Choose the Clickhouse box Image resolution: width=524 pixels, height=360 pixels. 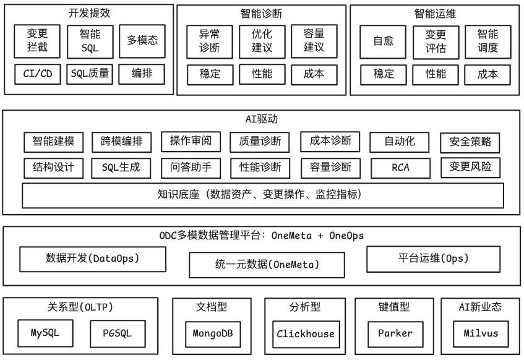[306, 334]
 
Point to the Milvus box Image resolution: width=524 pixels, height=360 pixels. [480, 334]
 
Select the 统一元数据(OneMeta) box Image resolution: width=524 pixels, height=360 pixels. [267, 265]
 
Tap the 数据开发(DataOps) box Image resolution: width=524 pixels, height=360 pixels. [93, 259]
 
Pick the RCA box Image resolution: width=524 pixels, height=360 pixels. [400, 168]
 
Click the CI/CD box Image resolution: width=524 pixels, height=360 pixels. [38, 75]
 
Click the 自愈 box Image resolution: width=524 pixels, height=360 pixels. [383, 42]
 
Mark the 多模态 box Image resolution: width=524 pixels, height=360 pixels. [143, 41]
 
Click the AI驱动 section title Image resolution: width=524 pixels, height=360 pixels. [262, 119]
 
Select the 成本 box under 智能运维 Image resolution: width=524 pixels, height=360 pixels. [487, 74]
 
